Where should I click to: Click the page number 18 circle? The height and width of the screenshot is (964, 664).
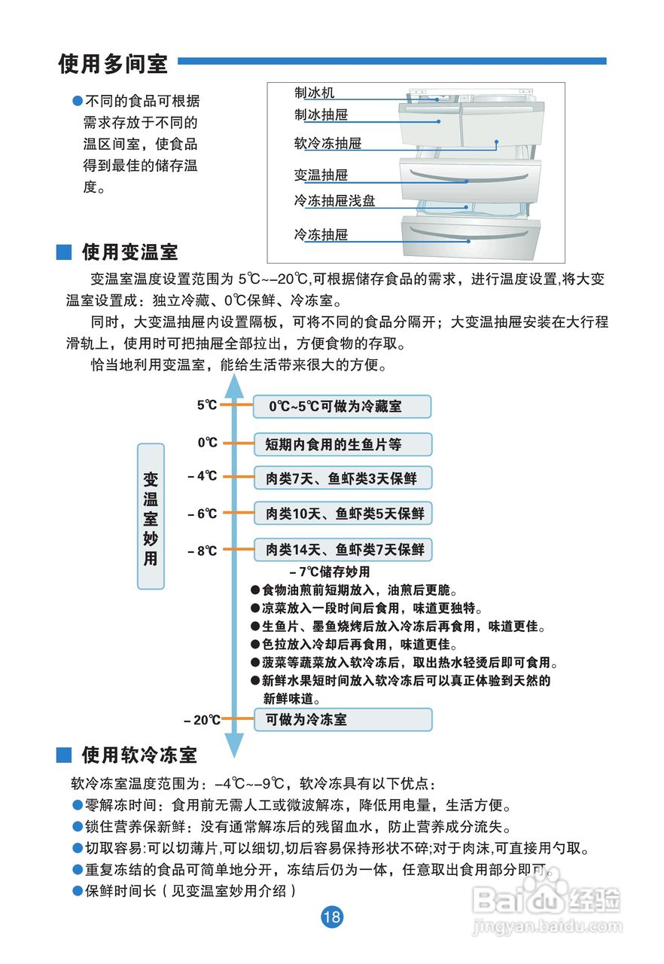point(332,917)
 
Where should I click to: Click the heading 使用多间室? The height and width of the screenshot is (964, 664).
point(114,64)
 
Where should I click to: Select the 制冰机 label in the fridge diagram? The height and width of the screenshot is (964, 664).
point(314,93)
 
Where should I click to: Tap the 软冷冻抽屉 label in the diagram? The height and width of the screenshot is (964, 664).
point(327,142)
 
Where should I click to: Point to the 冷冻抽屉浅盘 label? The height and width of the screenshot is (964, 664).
point(334,201)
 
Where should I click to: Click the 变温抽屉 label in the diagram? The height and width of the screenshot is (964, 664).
point(321,175)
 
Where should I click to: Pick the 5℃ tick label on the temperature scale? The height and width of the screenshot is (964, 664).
point(207,405)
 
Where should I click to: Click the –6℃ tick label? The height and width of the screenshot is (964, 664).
point(202,514)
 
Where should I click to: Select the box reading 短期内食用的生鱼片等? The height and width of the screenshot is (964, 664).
point(343,444)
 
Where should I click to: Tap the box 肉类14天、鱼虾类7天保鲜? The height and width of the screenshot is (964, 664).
point(343,550)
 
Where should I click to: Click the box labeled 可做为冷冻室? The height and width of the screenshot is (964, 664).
point(343,719)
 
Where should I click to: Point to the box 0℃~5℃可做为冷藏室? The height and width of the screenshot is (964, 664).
point(342,407)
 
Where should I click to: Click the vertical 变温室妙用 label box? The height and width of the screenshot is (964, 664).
point(151,516)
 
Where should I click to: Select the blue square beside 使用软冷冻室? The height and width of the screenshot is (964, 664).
point(65,755)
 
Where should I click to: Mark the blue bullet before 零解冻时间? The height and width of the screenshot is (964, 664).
point(77,805)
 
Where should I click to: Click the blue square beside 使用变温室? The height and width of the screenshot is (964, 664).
point(65,251)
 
